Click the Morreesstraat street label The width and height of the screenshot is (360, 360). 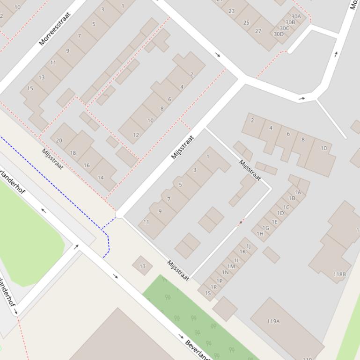(x=55, y=29)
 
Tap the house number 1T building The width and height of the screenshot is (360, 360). (x=142, y=266)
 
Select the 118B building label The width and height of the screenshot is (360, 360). (x=339, y=274)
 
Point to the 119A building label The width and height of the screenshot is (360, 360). (x=273, y=321)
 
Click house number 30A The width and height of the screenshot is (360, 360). (x=296, y=16)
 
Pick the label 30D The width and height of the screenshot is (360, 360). (x=279, y=34)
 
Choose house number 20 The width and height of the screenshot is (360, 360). (x=59, y=140)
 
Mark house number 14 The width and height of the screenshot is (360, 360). (x=100, y=177)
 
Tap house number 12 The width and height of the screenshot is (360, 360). (x=136, y=135)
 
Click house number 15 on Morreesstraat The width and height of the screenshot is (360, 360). (x=30, y=88)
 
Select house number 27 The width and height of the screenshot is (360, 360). (x=258, y=31)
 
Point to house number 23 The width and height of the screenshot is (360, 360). (x=231, y=11)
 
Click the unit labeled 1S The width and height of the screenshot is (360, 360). (x=208, y=293)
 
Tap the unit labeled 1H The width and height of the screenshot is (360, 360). (x=260, y=234)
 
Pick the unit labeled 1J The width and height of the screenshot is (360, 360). (x=249, y=246)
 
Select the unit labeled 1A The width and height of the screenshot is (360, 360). (x=298, y=192)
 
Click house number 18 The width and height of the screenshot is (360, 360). (x=73, y=153)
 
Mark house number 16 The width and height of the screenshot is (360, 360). (x=87, y=165)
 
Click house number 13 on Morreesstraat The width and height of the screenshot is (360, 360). (x=42, y=77)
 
